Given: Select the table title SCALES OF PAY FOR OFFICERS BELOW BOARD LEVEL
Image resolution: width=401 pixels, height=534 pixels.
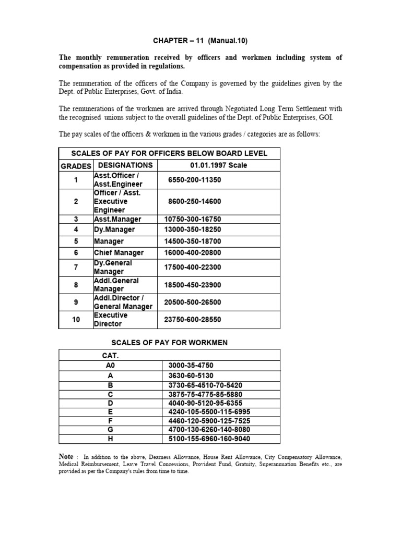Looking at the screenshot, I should pyautogui.click(x=169, y=153).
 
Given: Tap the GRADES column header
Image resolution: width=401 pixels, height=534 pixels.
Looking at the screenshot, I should pyautogui.click(x=76, y=166).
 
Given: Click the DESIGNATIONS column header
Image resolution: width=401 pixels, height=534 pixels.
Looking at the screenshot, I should pyautogui.click(x=125, y=165).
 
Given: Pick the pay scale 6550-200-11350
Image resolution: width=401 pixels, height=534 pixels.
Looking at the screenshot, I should pyautogui.click(x=195, y=180).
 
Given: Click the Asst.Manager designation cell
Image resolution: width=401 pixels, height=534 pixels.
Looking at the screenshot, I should pyautogui.click(x=117, y=220).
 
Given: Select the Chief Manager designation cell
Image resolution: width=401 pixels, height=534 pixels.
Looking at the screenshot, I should pyautogui.click(x=119, y=253).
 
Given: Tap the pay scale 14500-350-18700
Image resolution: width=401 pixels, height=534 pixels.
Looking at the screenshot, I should pyautogui.click(x=193, y=241).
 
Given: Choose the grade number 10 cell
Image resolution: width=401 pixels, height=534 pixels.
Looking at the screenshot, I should pyautogui.click(x=76, y=320).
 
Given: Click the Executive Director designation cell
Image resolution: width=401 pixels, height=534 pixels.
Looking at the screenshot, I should pyautogui.click(x=111, y=320).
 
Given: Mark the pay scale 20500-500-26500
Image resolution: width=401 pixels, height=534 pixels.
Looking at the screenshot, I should pyautogui.click(x=193, y=302).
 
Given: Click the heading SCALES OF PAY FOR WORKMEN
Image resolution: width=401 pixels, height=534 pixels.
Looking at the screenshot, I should pyautogui.click(x=169, y=343).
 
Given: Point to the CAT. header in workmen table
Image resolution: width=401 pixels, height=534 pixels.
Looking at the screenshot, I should pyautogui.click(x=110, y=355).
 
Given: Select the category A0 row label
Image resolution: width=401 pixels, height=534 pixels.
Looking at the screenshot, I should pyautogui.click(x=110, y=366).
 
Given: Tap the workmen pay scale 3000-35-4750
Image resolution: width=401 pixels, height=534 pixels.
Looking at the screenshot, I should pyautogui.click(x=191, y=366).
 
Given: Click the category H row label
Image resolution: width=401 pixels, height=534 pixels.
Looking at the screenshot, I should pyautogui.click(x=110, y=439).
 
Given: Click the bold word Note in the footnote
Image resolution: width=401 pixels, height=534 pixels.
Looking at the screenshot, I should pyautogui.click(x=66, y=457).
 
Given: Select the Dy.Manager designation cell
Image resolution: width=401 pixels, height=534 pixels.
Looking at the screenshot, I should pyautogui.click(x=114, y=230).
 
